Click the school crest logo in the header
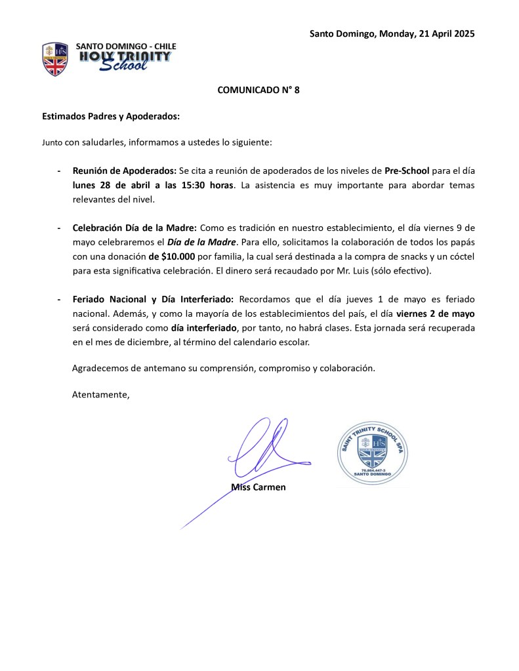(x=55, y=58)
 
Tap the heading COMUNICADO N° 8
(x=259, y=91)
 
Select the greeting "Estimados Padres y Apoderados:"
(x=111, y=116)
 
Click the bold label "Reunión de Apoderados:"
(x=124, y=171)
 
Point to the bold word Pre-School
(x=407, y=171)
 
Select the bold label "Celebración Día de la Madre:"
(x=135, y=228)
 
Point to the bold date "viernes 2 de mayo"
(x=435, y=314)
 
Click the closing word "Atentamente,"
(x=100, y=395)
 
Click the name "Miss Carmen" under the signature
(x=259, y=487)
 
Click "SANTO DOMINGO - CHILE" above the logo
(x=126, y=46)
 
